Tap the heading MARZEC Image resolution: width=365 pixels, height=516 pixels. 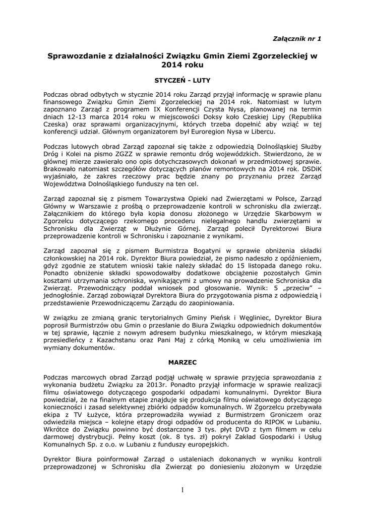click(x=182, y=362)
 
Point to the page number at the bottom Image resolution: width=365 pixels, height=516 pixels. click(x=182, y=491)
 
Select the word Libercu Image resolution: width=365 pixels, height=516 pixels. click(x=262, y=131)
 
